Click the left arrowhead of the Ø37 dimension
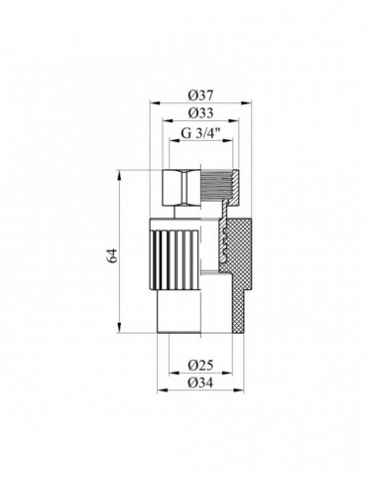[152, 102]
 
